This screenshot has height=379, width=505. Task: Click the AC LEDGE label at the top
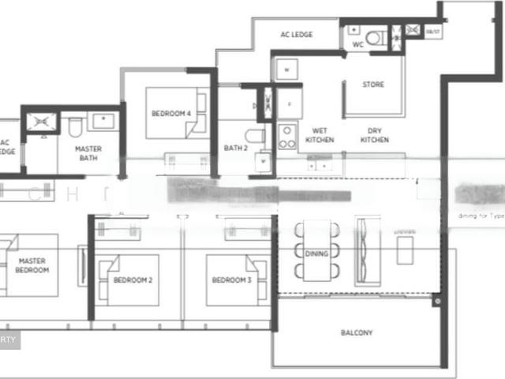click(x=297, y=35)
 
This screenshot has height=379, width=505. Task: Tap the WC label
click(x=357, y=45)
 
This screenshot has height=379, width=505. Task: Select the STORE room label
click(x=373, y=84)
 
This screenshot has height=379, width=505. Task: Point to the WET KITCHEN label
click(x=320, y=135)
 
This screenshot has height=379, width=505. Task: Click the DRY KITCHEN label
click(x=374, y=135)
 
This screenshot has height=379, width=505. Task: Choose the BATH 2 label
click(x=234, y=148)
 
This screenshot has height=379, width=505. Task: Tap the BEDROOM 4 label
click(x=171, y=114)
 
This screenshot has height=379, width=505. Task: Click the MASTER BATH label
click(x=88, y=152)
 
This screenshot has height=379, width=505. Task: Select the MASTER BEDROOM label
click(x=32, y=265)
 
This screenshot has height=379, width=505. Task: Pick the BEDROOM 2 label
click(x=133, y=280)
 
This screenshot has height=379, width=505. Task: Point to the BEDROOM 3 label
click(x=232, y=280)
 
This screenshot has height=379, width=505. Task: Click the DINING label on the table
click(x=316, y=253)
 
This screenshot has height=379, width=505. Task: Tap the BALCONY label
click(x=357, y=332)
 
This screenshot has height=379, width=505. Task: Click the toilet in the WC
click(x=376, y=37)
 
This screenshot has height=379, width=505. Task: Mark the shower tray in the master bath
click(x=39, y=121)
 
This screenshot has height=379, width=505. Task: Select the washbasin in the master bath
click(x=103, y=121)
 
